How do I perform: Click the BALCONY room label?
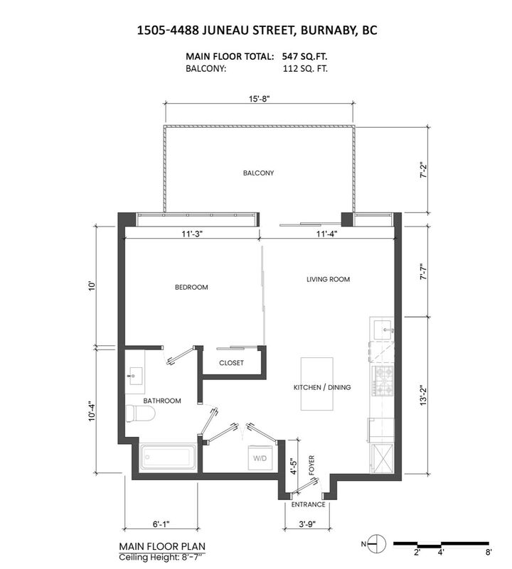(258, 173)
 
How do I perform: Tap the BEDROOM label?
(191, 288)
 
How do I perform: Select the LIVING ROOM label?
(329, 279)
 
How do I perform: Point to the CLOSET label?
(231, 363)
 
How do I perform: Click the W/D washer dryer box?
(259, 458)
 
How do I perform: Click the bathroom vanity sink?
(134, 377)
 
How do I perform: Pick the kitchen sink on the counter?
(384, 329)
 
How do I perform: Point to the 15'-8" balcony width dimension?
(260, 99)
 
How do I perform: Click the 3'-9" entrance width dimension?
(308, 526)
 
